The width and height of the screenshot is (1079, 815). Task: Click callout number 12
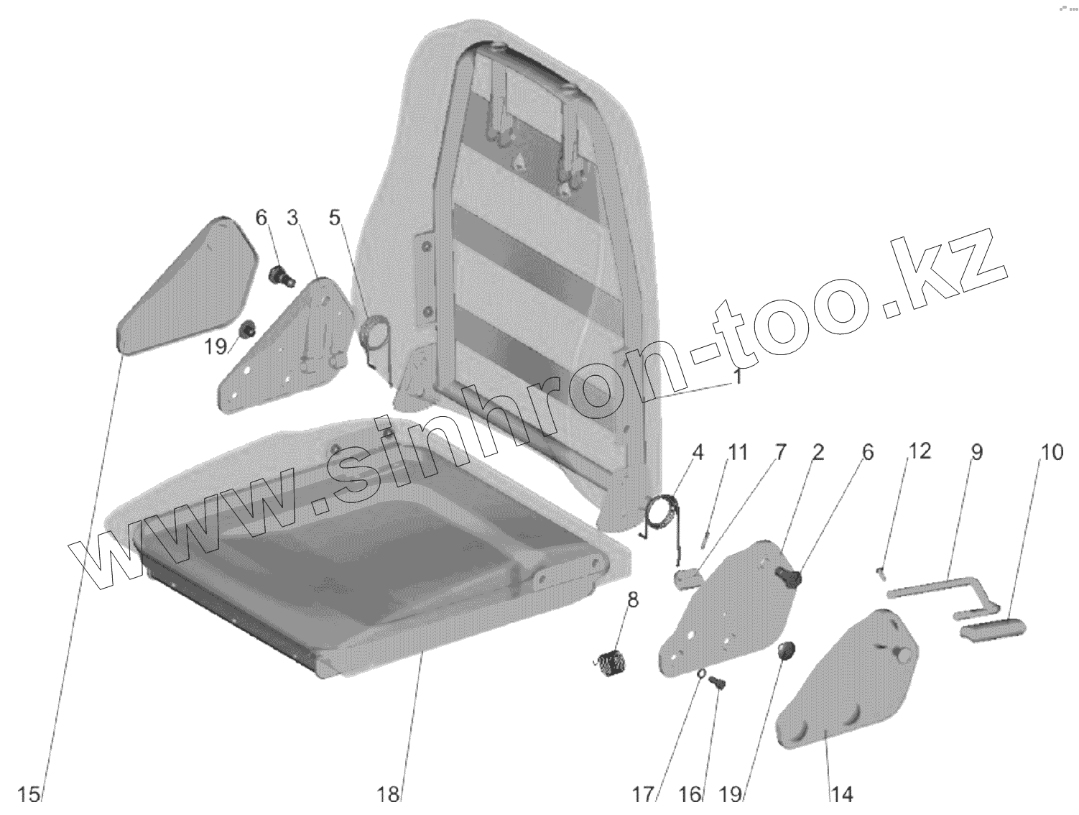(x=920, y=451)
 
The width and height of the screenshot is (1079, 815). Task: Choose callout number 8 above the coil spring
(x=633, y=599)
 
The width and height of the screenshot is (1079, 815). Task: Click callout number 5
(x=335, y=217)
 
